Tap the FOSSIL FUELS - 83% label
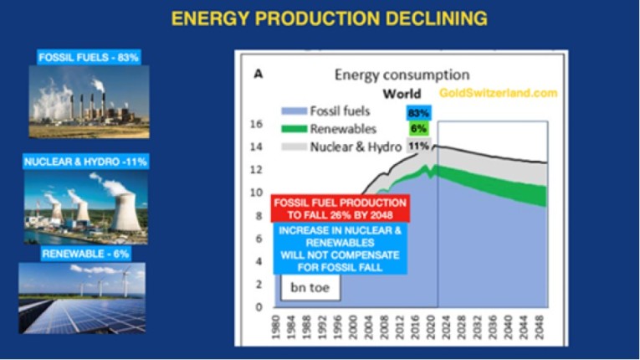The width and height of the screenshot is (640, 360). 89,58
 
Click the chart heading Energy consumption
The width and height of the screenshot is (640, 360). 402,75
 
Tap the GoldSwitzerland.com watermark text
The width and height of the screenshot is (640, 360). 498,94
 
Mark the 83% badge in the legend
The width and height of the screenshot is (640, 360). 418,111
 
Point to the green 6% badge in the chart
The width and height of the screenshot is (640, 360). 418,129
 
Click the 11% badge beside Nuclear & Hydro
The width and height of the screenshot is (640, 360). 418,147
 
